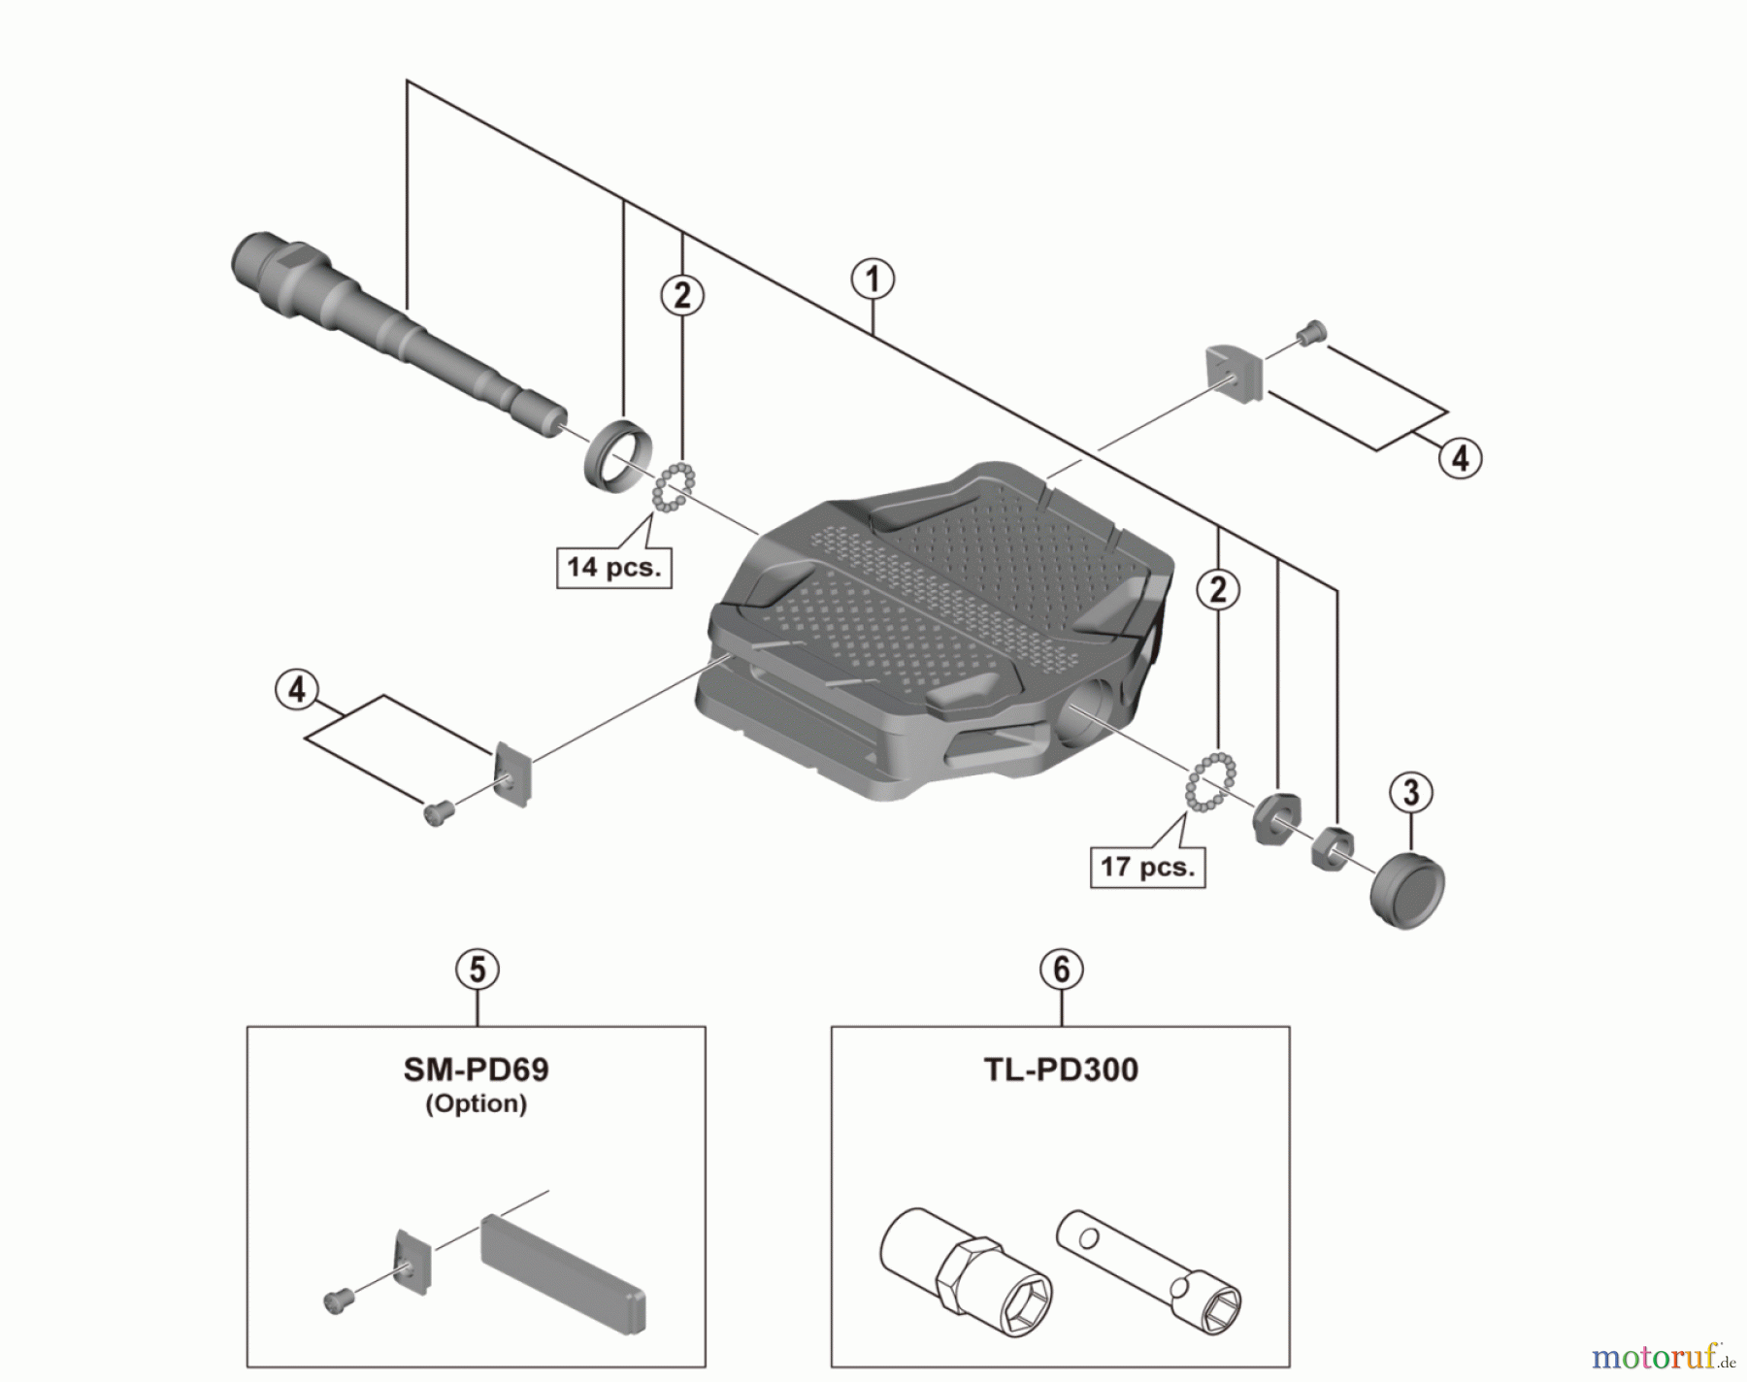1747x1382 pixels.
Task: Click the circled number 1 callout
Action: click(873, 280)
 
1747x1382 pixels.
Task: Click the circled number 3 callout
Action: click(1410, 792)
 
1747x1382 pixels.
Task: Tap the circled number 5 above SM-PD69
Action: click(478, 970)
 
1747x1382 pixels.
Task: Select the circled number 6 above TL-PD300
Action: click(1061, 970)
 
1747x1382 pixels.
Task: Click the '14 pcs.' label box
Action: click(613, 567)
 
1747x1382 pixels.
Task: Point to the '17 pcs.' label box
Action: click(1147, 866)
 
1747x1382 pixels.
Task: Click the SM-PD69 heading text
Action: click(476, 1069)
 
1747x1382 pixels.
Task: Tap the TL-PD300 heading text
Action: click(1061, 1069)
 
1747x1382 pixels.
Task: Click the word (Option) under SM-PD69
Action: click(476, 1103)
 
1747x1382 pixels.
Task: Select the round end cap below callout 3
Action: click(1407, 889)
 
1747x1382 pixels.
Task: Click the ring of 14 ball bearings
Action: click(675, 487)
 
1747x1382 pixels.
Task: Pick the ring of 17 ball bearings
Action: click(1210, 782)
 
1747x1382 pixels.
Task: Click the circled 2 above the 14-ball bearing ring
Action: click(682, 295)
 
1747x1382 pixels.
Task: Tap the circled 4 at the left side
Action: click(297, 690)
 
